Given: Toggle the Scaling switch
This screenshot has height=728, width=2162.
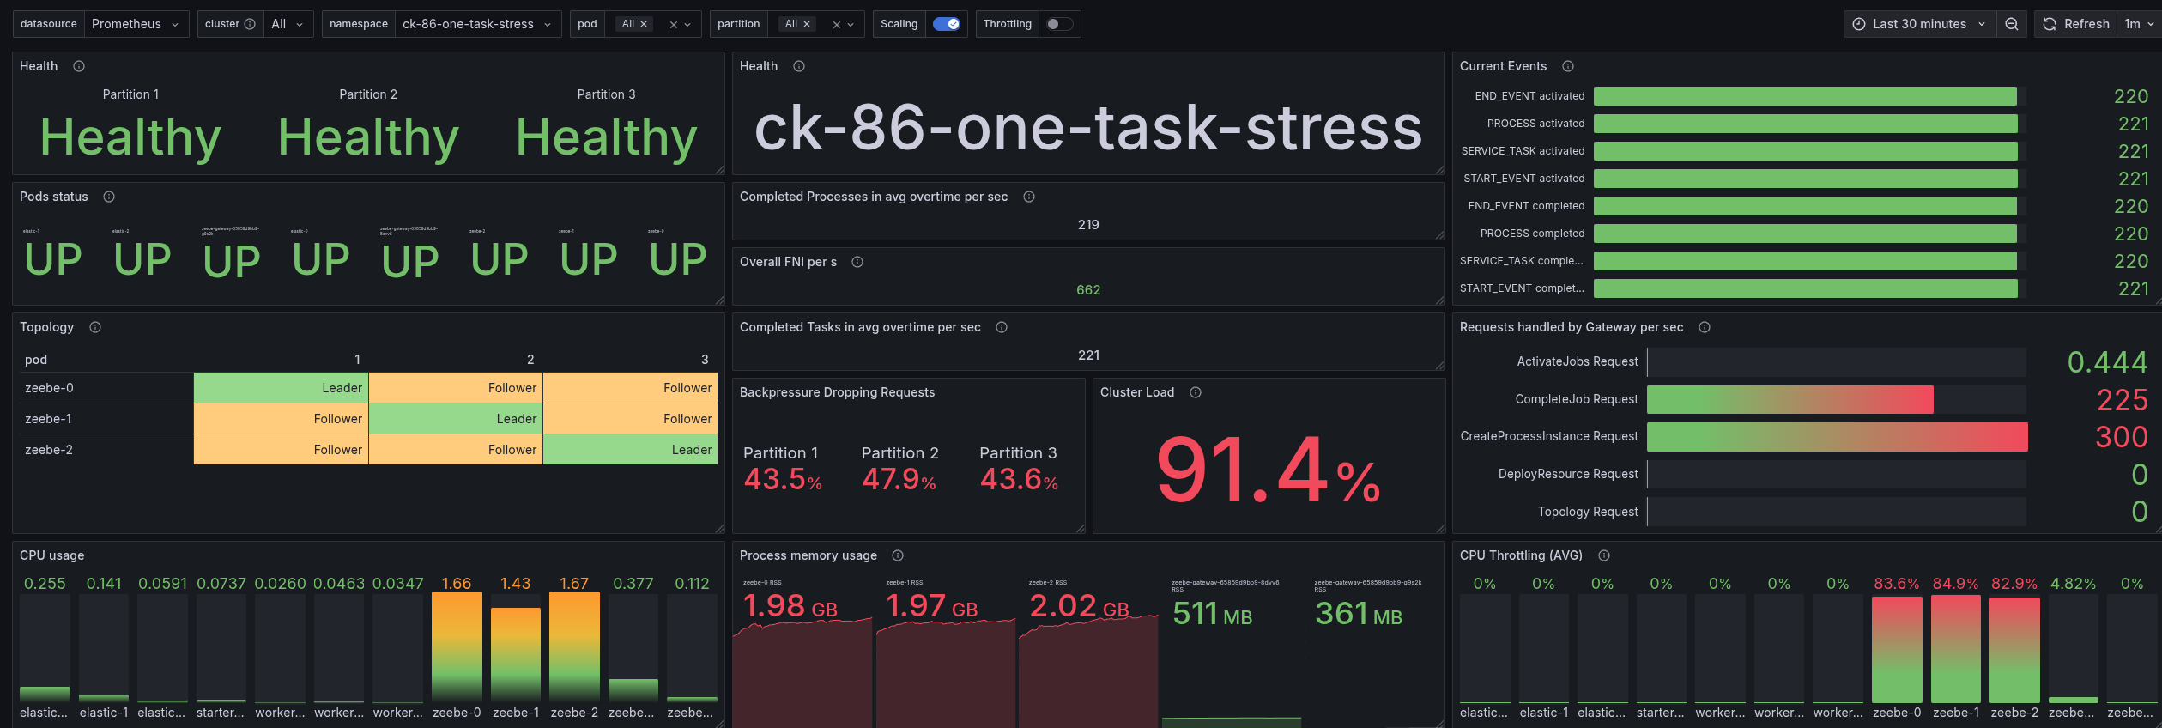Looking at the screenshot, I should click(947, 24).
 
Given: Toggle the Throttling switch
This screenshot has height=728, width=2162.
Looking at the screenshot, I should click(1058, 24).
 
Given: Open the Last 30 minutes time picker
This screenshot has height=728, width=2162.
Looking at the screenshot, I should click(1919, 24).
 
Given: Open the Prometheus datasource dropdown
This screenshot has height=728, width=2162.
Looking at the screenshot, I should click(136, 24).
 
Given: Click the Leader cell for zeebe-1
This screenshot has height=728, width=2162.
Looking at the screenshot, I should click(456, 419).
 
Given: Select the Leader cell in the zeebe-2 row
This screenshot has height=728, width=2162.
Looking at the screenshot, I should click(630, 450).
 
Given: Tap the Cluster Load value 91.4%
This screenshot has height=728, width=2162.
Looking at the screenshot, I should click(1268, 470).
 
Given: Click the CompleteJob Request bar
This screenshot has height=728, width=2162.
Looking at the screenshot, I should click(1790, 399).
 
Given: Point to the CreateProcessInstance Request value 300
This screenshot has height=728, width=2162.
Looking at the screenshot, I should click(2121, 437).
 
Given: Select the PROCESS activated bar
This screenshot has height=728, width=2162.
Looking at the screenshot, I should click(1805, 124).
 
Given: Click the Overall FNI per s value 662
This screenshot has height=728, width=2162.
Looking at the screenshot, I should click(1087, 290).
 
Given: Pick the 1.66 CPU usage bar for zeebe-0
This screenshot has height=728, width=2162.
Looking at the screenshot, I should click(457, 646).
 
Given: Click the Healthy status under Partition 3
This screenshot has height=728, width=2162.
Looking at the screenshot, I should click(606, 137).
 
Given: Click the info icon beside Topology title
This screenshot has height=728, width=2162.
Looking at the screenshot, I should click(95, 327).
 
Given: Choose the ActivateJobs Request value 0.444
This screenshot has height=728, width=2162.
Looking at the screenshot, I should click(2107, 362).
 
